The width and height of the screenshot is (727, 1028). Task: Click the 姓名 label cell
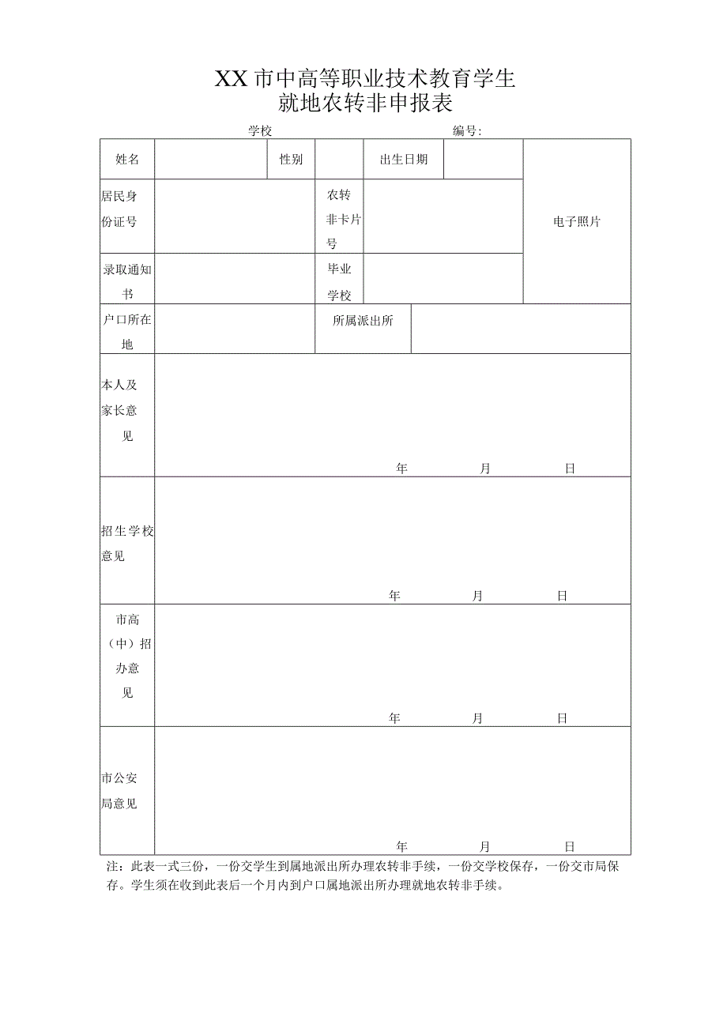127,160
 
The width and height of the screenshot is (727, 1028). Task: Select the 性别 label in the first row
291,160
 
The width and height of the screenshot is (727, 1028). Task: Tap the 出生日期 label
403,160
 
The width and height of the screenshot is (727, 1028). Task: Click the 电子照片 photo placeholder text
577,222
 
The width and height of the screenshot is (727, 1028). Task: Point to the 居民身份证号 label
119,209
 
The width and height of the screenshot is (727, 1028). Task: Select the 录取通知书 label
127,281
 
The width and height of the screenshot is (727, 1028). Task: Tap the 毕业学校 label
339,282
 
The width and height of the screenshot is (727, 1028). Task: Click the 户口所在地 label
127,332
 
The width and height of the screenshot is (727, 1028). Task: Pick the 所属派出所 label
363,321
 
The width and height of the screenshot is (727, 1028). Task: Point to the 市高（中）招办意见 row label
127,656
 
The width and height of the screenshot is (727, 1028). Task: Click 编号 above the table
467,131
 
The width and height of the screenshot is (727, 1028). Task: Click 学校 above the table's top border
260,131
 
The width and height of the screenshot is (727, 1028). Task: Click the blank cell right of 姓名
211,160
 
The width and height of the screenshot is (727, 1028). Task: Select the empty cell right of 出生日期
483,160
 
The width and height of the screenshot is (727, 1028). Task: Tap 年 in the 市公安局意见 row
402,846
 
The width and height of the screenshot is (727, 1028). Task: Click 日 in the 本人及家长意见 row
570,469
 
